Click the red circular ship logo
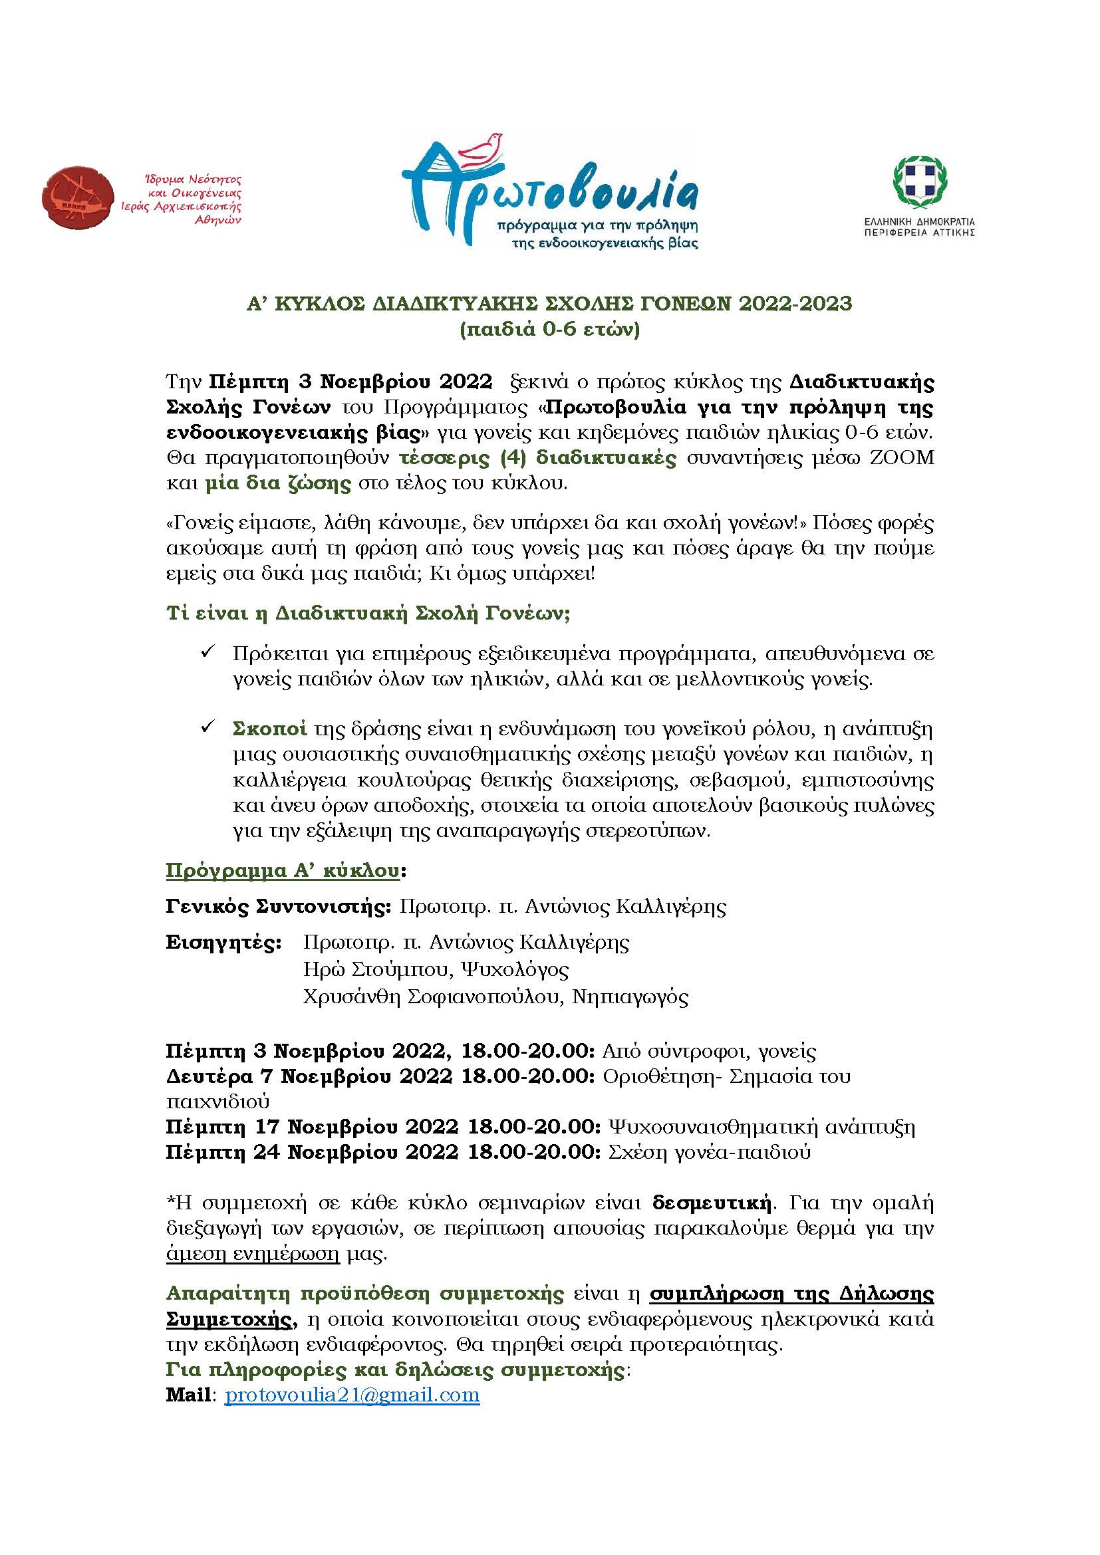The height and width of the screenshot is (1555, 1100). (x=77, y=200)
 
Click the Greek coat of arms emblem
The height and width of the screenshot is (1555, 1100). (x=919, y=183)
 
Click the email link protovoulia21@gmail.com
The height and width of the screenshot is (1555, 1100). (x=352, y=1395)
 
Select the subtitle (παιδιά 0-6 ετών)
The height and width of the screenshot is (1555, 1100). (x=549, y=330)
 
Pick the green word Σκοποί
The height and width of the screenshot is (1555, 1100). (x=269, y=729)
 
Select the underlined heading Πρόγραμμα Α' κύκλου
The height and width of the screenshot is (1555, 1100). (x=283, y=870)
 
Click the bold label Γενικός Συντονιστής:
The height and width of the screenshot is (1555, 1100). (x=279, y=906)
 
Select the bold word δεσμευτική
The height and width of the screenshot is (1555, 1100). (x=711, y=1203)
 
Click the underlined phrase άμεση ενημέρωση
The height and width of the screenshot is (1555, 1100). (x=253, y=1254)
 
